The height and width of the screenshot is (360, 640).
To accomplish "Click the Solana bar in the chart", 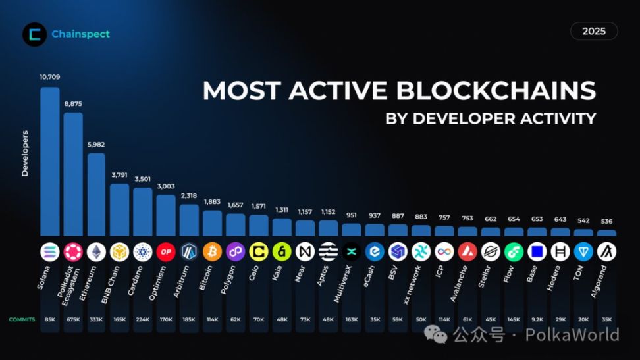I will (50, 161).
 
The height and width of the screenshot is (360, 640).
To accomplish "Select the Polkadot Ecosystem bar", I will (73, 174).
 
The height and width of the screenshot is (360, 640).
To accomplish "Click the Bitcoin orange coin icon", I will (212, 251).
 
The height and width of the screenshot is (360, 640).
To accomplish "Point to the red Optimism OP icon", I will (166, 251).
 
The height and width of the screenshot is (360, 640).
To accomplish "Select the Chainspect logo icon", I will (34, 34).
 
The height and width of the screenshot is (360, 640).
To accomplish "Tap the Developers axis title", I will (26, 153).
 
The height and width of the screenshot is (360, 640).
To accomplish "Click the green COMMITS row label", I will (22, 319).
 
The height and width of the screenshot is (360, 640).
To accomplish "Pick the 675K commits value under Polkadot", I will (73, 319).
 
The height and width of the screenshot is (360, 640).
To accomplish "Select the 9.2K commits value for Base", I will (537, 319).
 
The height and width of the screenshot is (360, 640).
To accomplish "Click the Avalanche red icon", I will (467, 251).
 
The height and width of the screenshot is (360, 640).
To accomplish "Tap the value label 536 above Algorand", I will (606, 221).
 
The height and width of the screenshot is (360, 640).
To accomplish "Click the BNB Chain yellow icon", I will (119, 251).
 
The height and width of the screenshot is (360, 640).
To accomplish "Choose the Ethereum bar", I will (96, 194).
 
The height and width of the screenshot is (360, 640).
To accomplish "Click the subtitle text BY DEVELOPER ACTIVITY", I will (491, 118).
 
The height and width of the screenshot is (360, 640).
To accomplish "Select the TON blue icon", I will (583, 251).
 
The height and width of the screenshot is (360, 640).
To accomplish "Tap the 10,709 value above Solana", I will (50, 78).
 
